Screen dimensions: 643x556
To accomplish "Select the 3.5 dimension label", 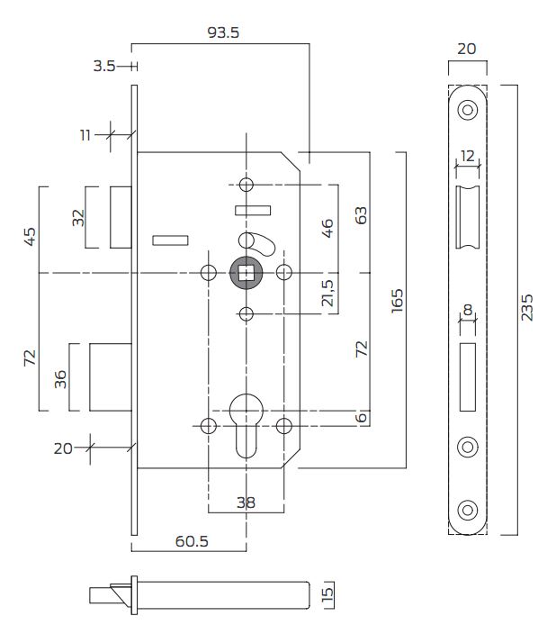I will tap(104, 66).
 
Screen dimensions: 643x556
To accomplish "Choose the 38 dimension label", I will tap(246, 503).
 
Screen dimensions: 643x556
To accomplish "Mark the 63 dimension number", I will tap(362, 216).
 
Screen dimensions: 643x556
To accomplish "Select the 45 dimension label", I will tap(30, 237).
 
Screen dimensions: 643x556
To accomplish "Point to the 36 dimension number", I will tap(60, 378).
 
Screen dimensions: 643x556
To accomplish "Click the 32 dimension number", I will tap(78, 217).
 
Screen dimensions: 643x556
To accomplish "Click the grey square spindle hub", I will tap(246, 272).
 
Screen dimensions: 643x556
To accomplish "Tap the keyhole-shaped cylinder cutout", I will tap(246, 423).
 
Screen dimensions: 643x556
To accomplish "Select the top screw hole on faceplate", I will tap(467, 110).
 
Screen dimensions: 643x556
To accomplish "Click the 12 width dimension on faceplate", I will tap(467, 156).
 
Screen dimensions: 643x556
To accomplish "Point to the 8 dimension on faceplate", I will tap(467, 311).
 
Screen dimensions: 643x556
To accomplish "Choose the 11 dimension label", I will tap(85, 135).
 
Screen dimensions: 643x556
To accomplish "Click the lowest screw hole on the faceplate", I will tap(467, 509).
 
